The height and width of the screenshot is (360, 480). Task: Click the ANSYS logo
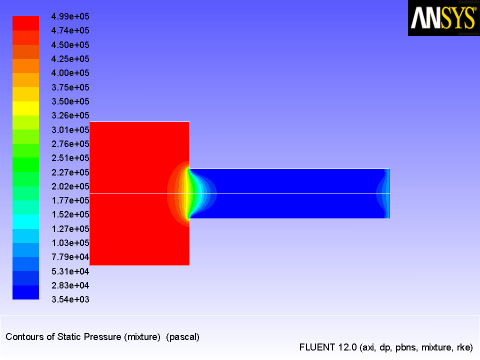444,18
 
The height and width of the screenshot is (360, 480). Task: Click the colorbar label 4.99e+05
70,16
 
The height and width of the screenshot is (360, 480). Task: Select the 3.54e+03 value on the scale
70,299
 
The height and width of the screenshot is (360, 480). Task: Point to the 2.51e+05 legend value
70,158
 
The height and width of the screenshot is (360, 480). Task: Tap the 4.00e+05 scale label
70,73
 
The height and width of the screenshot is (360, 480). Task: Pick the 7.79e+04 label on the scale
70,257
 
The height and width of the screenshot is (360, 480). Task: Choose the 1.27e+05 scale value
70,228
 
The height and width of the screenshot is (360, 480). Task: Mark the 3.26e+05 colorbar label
70,115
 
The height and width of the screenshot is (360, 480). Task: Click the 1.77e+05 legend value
70,200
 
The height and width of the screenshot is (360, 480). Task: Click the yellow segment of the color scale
25,108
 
